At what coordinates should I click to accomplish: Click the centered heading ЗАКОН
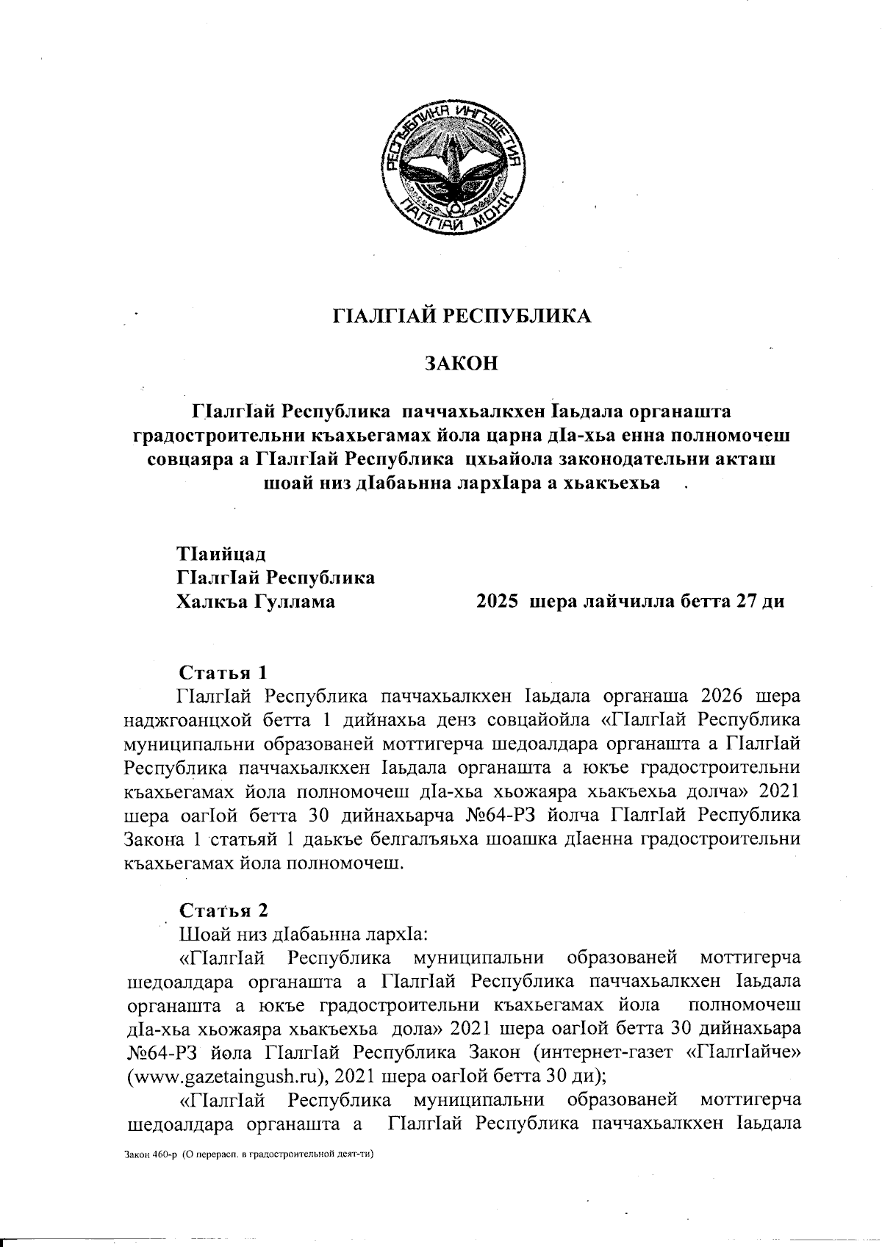pos(462,363)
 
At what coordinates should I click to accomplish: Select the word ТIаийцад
pos(221,553)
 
